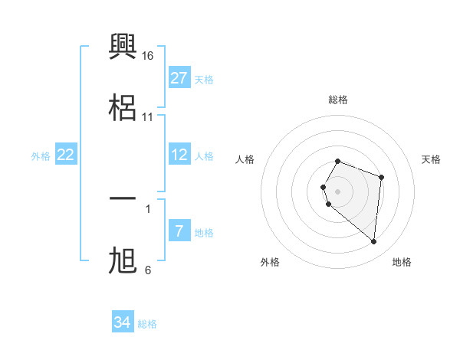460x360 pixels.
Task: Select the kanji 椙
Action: coord(123,107)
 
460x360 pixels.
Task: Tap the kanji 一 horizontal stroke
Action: coord(123,199)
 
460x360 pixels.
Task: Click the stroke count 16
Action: coord(148,56)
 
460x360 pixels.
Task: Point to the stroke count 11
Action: coord(148,117)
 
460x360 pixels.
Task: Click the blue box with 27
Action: coord(179,78)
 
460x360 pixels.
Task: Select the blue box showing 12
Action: coord(179,155)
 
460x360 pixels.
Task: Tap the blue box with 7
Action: coord(179,231)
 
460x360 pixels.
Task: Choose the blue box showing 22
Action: coord(66,155)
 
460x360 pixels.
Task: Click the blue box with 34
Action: coord(123,322)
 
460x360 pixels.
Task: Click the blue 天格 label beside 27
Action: coord(204,80)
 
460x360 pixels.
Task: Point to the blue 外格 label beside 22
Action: coord(41,156)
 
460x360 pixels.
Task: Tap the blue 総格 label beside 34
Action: coord(147,324)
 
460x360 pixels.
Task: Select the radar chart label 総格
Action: coord(338,100)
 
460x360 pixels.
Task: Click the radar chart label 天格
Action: coord(432,159)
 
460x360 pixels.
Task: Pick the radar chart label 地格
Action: coord(402,262)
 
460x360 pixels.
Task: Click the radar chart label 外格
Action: coord(270,262)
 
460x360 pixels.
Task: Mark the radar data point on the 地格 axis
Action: coord(374,241)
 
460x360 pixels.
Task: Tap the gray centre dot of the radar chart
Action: coord(338,191)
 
